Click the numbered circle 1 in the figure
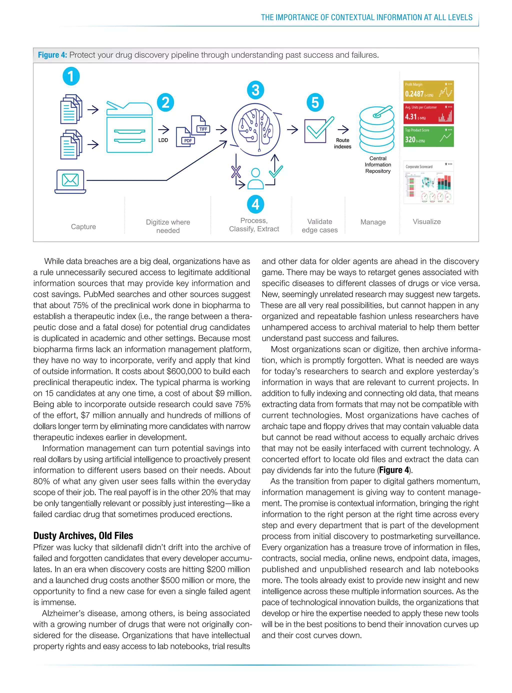pos(71,76)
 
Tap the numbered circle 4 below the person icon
pos(255,204)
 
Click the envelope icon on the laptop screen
pos(70,180)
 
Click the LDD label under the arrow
pos(163,140)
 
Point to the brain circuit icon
pos(256,129)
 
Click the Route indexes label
pos(342,143)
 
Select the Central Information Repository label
pos(377,165)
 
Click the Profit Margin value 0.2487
pos(414,94)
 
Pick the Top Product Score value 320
pos(410,140)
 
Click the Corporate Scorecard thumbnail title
pos(419,167)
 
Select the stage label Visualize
pos(426,222)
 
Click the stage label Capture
pos(83,227)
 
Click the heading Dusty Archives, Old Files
pos(83,536)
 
